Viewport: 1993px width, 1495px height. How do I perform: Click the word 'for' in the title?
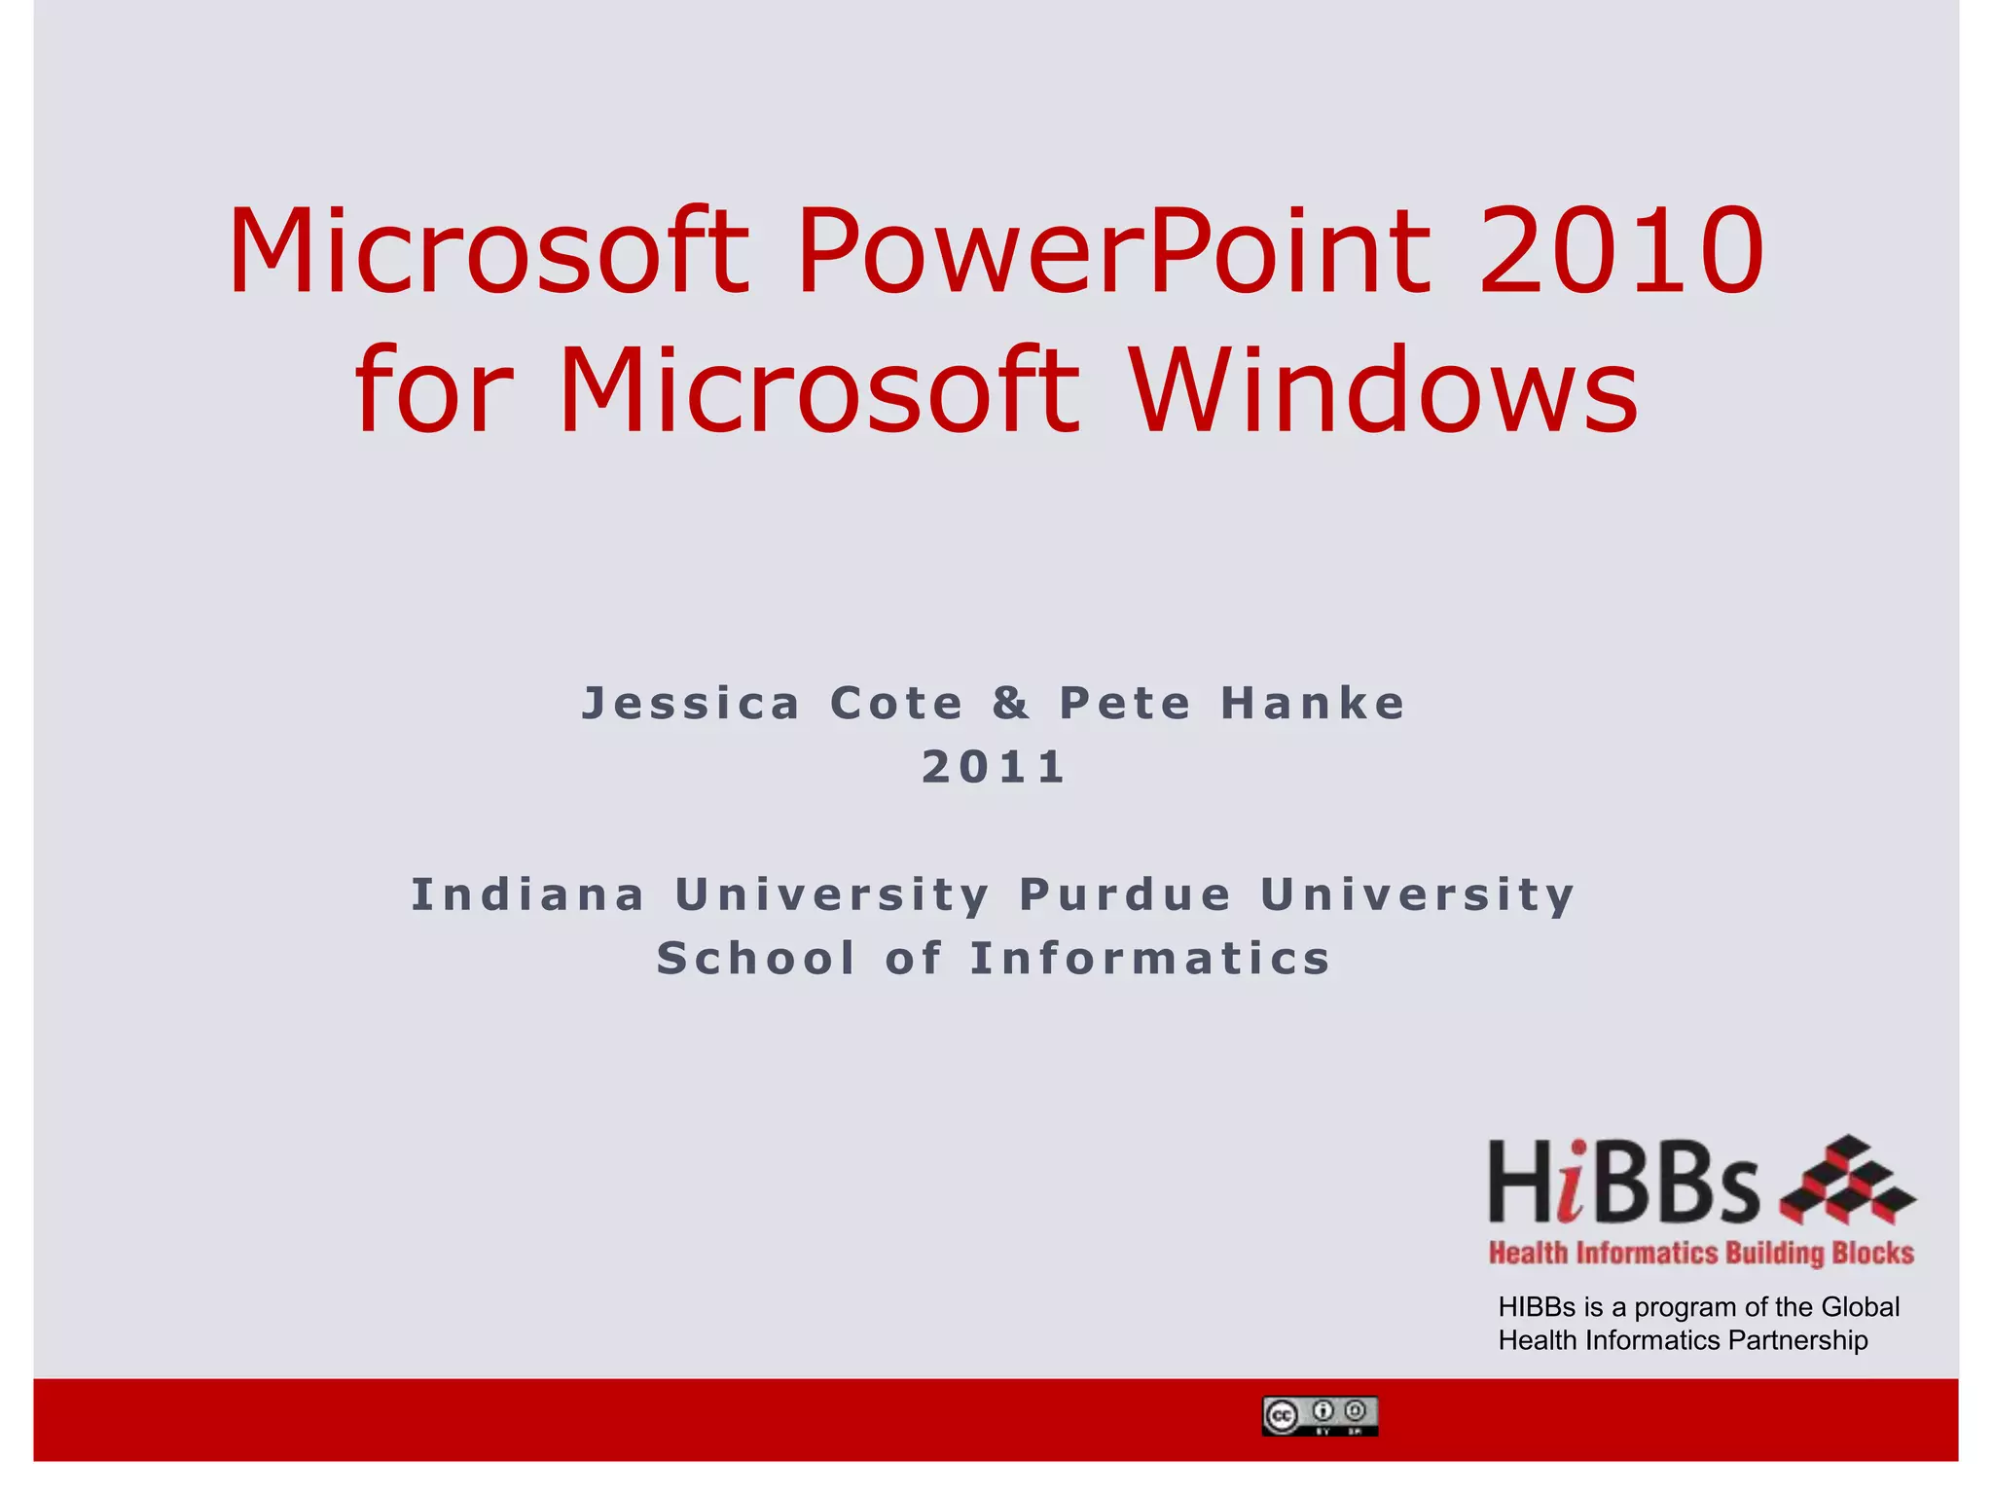pos(433,391)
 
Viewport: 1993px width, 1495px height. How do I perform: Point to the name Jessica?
pos(691,704)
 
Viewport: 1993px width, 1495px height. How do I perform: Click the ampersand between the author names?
pos(1011,704)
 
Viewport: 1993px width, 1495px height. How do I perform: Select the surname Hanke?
pos(1313,704)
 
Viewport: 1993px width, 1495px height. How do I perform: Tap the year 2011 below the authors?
pos(995,768)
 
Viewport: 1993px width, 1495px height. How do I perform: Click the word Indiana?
pos(528,895)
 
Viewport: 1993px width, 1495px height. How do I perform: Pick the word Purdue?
pos(1126,895)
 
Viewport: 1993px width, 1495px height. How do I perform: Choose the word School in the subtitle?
pos(756,959)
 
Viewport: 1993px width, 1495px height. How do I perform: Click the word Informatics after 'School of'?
pos(1150,959)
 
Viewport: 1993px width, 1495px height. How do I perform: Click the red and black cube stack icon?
pos(1847,1181)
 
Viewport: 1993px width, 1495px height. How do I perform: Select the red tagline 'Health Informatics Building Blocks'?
pos(1701,1253)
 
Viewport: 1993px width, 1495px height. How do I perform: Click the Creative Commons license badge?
pos(1320,1416)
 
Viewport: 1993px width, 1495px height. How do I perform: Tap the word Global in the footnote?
pos(1860,1307)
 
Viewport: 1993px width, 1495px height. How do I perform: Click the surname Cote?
pos(896,704)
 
